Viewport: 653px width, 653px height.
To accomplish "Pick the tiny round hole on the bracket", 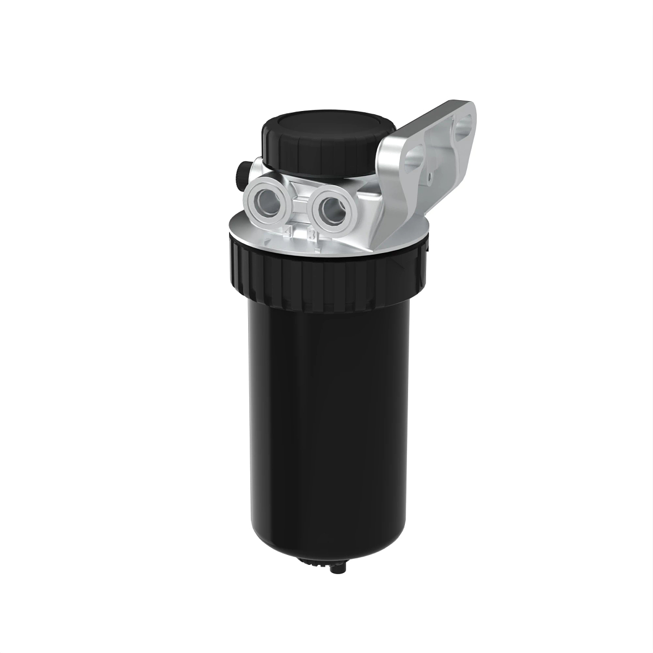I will pyautogui.click(x=430, y=175).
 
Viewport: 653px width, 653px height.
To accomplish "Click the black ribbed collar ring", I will pyautogui.click(x=326, y=269).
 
